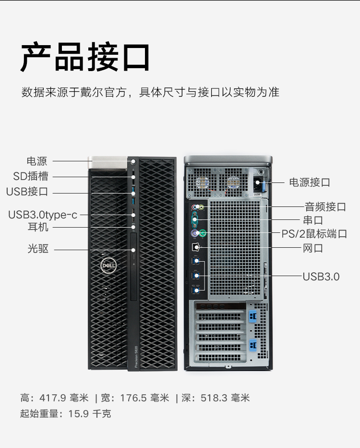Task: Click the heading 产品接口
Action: pyautogui.click(x=85, y=57)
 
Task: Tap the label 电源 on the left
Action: pyautogui.click(x=37, y=161)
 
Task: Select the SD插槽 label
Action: pyautogui.click(x=31, y=176)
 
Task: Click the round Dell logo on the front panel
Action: pyautogui.click(x=108, y=266)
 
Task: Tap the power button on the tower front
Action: pyautogui.click(x=133, y=162)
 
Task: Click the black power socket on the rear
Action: pyautogui.click(x=258, y=182)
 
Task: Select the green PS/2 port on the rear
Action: pyautogui.click(x=203, y=233)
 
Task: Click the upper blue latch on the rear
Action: pyautogui.click(x=253, y=316)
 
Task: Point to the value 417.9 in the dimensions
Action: pyautogui.click(x=53, y=398)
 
